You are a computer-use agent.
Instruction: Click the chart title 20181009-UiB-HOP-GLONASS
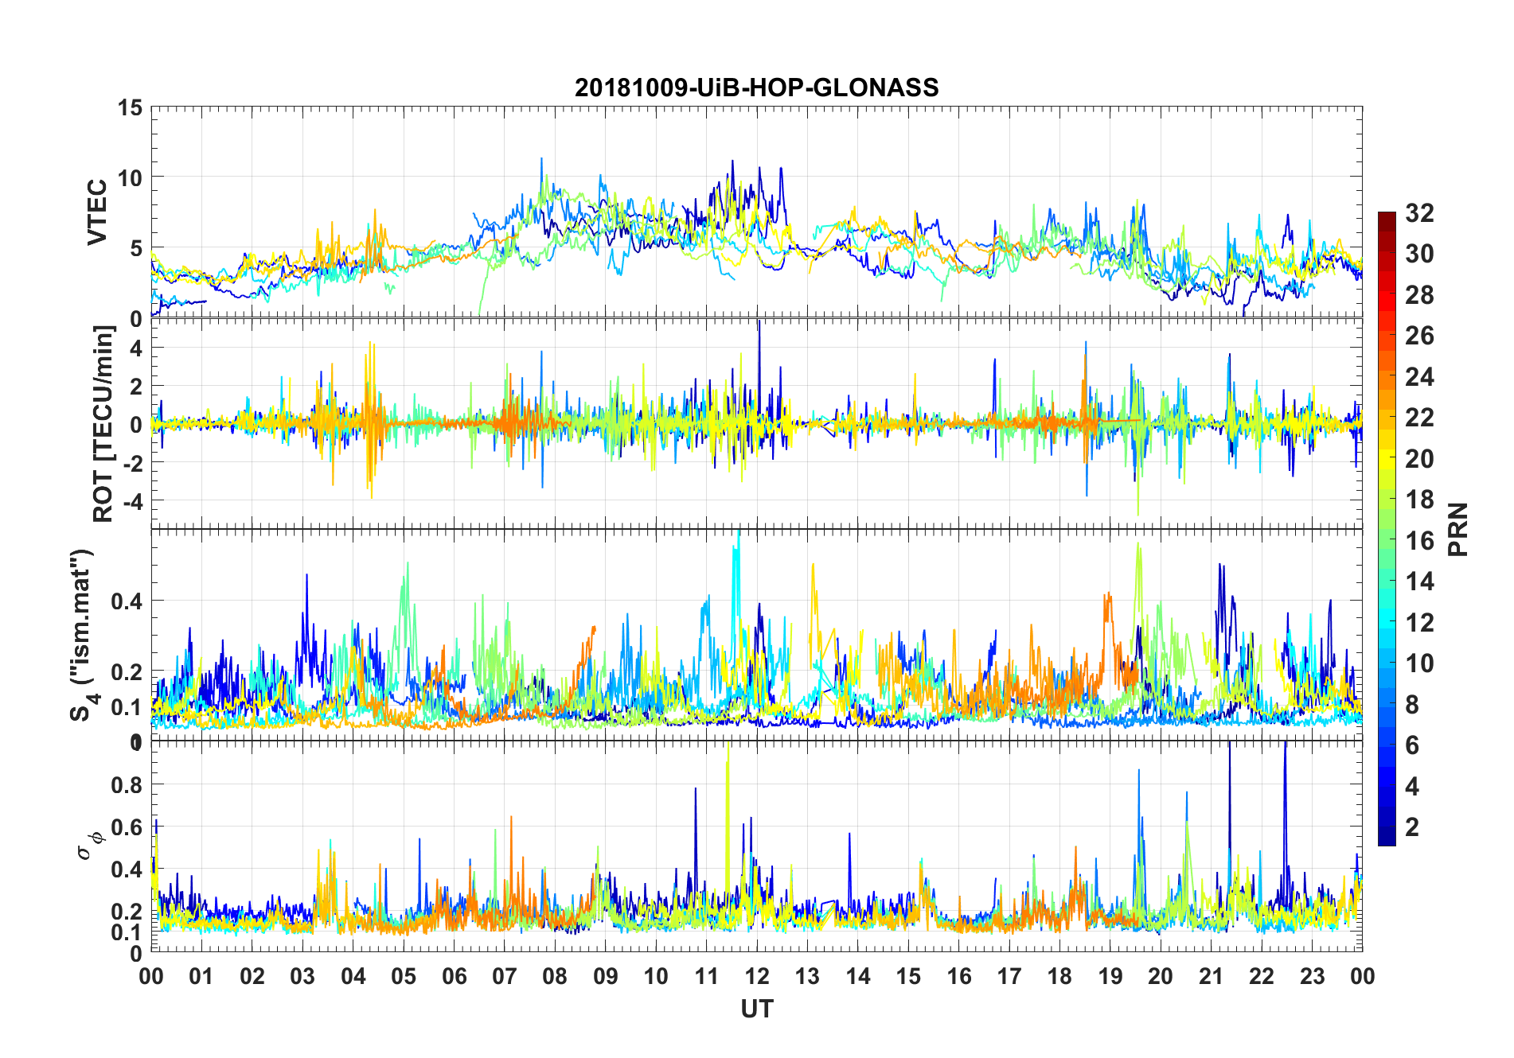[756, 88]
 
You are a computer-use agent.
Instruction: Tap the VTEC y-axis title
[97, 212]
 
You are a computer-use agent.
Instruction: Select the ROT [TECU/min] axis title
[103, 423]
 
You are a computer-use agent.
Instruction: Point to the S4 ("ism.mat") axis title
[82, 635]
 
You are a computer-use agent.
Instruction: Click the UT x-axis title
[756, 1009]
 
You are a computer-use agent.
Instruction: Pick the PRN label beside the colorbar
[1457, 529]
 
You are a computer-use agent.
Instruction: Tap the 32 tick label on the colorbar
[1419, 212]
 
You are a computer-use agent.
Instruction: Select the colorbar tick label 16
[1419, 541]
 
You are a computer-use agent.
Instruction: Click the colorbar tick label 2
[1412, 827]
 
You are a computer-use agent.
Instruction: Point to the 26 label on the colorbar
[1419, 336]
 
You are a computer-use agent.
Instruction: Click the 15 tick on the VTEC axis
[130, 107]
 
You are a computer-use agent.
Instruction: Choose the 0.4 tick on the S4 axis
[127, 601]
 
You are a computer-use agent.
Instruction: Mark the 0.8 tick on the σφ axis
[127, 784]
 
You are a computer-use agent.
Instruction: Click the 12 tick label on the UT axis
[756, 976]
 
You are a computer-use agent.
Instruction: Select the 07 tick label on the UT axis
[504, 976]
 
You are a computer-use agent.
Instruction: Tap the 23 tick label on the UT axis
[1312, 976]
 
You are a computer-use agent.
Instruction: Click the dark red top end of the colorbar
[1387, 216]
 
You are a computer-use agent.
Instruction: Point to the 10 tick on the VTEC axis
[130, 177]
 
